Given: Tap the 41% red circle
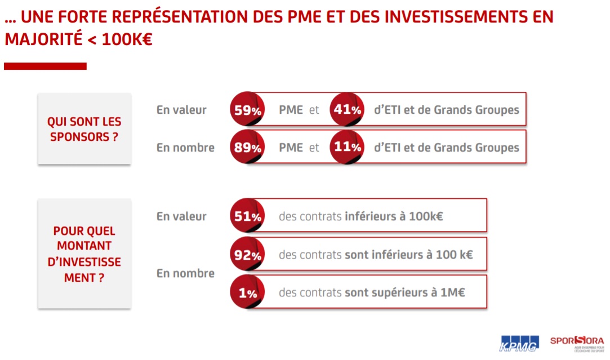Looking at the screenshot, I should [x=346, y=109].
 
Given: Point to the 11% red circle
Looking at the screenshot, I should [x=346, y=147].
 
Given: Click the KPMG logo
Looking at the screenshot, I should [x=519, y=343].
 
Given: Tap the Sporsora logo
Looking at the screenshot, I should [x=576, y=342].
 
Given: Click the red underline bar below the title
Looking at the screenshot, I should [x=45, y=66].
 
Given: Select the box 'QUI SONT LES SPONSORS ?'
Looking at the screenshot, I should [x=84, y=129].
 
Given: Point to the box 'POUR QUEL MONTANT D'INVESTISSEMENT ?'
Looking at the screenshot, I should [x=84, y=254].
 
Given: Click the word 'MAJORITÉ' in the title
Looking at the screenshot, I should [x=42, y=40].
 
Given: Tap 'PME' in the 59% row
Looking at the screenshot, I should [x=291, y=110].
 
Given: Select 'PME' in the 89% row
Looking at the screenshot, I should [x=291, y=148].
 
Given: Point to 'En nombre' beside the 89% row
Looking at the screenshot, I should [x=185, y=148].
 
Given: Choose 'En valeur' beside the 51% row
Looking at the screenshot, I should [x=181, y=216].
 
